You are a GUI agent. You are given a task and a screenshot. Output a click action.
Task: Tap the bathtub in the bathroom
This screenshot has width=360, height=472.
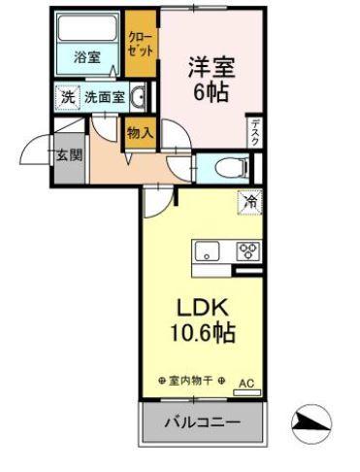coord(87,30)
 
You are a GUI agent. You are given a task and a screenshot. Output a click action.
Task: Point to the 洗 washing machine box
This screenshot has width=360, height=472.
coord(67,96)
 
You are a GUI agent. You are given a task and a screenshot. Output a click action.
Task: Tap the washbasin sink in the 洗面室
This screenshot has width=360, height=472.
coord(138,96)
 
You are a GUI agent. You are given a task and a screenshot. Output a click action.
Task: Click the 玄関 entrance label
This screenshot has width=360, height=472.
coord(68,154)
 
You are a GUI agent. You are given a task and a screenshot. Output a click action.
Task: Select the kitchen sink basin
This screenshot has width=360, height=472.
coord(209,253)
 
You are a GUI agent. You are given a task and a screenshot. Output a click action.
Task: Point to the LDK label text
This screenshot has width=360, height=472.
coord(202,309)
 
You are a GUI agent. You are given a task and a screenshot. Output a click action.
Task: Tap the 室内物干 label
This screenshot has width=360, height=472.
coord(191,381)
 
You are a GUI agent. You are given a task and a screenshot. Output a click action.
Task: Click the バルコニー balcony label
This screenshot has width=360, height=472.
coord(203,423)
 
